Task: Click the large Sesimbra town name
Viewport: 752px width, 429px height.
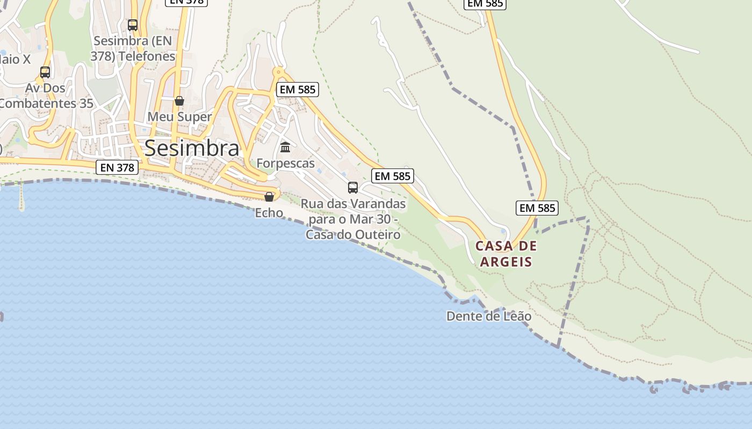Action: pos(192,149)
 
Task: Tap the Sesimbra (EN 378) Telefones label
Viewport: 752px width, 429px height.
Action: pos(134,48)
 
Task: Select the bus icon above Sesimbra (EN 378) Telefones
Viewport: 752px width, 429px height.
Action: pos(133,25)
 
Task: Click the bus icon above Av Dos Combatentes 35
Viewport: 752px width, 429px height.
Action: pos(45,72)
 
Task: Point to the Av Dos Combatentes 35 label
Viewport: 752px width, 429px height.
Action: pos(46,95)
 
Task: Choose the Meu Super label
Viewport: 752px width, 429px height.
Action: pos(179,116)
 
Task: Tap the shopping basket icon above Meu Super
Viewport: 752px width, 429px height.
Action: pos(179,101)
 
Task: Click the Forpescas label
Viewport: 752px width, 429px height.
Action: pos(285,163)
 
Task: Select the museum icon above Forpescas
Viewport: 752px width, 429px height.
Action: pos(285,147)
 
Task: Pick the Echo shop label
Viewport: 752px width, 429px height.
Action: pos(269,213)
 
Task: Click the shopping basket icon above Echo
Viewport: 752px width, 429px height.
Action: pos(269,197)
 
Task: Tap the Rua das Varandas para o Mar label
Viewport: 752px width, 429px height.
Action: pos(353,219)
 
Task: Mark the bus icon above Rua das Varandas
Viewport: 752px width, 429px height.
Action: pos(353,187)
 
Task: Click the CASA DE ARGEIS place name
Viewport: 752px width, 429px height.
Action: pos(506,254)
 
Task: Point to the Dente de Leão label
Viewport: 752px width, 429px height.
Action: pos(489,316)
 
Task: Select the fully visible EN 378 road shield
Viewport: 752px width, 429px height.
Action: pos(118,167)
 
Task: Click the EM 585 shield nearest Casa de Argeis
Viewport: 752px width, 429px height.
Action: pos(537,208)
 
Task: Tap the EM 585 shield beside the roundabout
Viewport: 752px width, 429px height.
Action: pos(298,90)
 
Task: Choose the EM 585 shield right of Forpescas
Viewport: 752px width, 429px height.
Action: pos(393,176)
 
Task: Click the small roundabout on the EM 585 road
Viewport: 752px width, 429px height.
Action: pos(278,71)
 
